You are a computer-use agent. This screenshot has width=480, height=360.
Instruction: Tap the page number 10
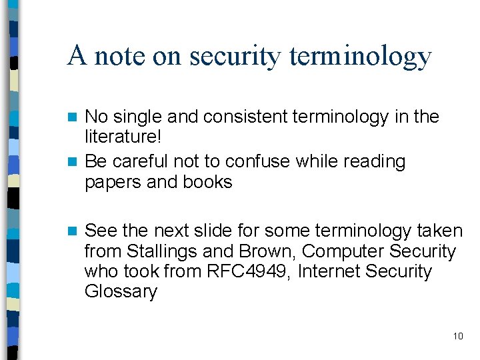coord(458,336)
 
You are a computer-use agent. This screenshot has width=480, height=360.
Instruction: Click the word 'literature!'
coord(123,137)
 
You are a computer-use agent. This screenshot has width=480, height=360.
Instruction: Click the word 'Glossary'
coord(121,292)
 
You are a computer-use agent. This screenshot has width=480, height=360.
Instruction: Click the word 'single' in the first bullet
coord(137,117)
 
